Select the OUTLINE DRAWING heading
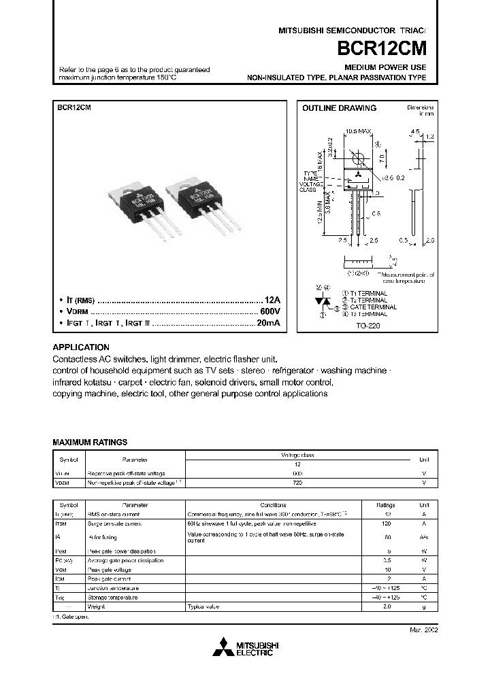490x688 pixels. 339,108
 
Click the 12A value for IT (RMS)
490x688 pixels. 272,300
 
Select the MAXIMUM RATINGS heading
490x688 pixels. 90,442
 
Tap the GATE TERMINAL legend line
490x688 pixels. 368,307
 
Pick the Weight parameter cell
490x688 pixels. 96,606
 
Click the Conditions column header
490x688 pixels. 273,505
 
